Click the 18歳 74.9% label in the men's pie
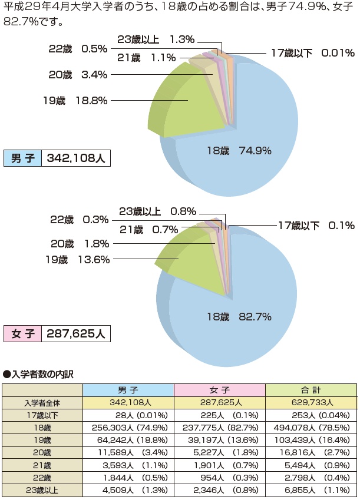point(239,151)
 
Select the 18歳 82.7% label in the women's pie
point(239,317)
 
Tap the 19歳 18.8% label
point(75,101)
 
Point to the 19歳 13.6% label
point(75,258)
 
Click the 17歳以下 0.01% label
point(313,53)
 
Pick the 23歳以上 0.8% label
point(157,211)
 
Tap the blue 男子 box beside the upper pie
point(22,159)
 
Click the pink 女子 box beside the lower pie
point(22,333)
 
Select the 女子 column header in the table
point(220,391)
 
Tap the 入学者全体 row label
point(42,403)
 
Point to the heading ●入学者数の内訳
point(38,373)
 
